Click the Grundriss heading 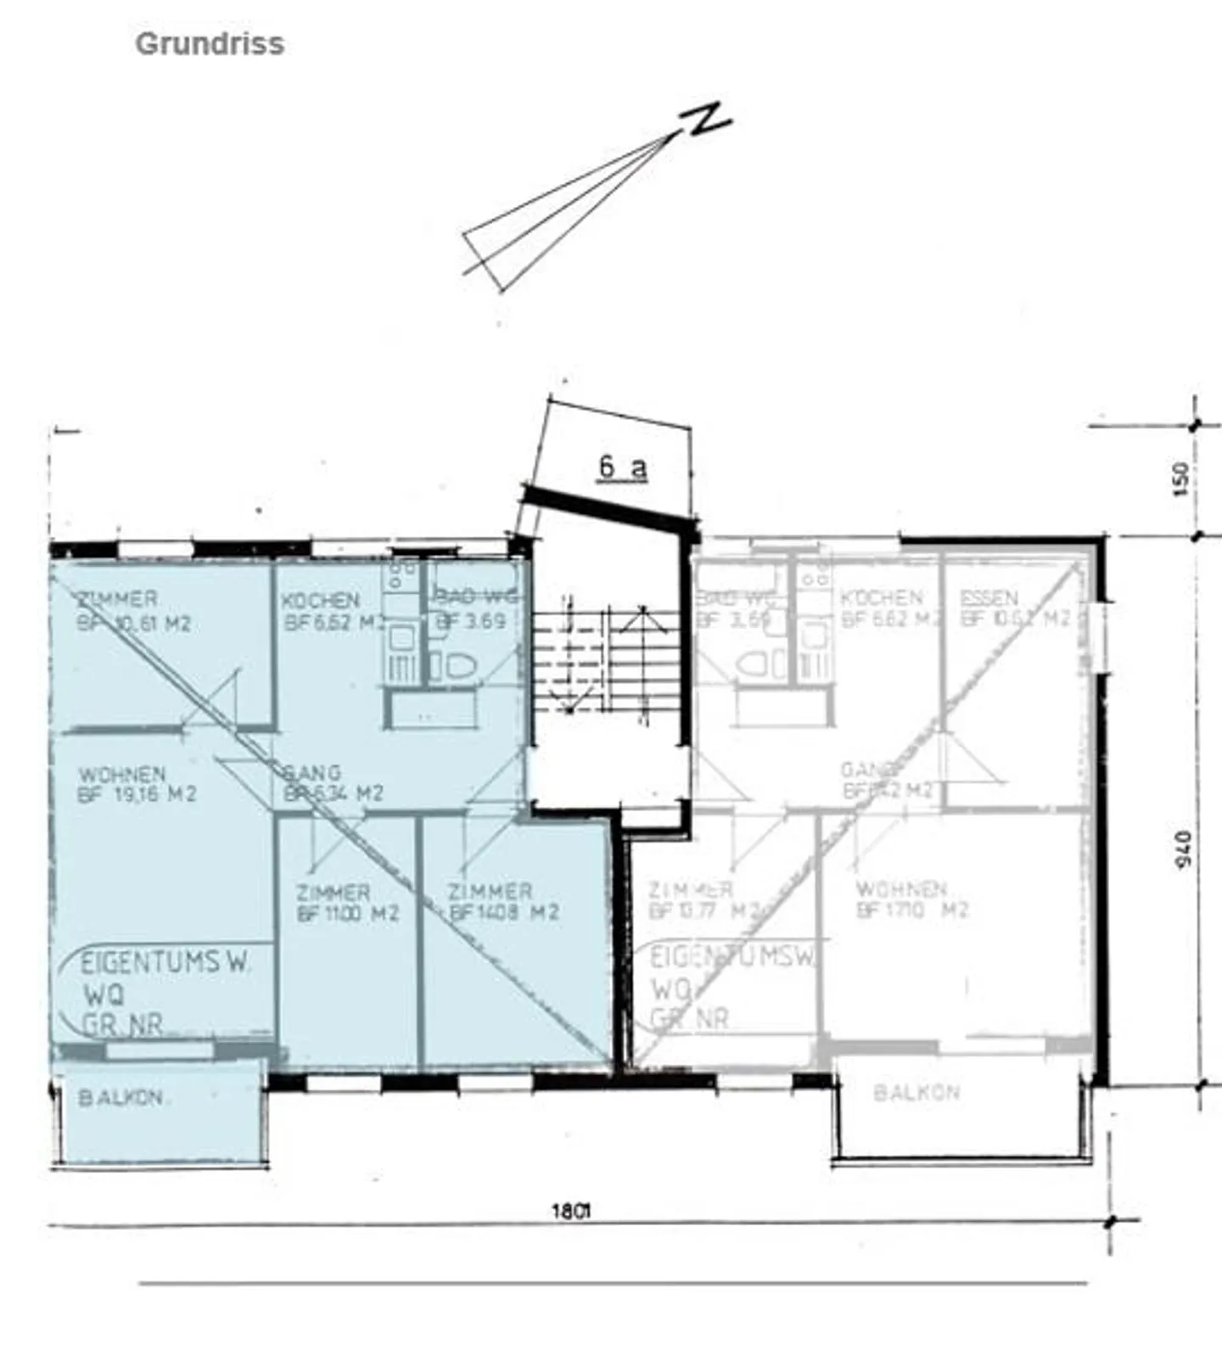pyautogui.click(x=210, y=44)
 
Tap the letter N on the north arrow pyautogui.click(x=707, y=120)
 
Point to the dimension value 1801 pyautogui.click(x=570, y=1211)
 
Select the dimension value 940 pyautogui.click(x=1184, y=849)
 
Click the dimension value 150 pyautogui.click(x=1180, y=479)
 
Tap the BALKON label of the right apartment pyautogui.click(x=916, y=1092)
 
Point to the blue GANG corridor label pyautogui.click(x=311, y=773)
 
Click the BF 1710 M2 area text pyautogui.click(x=912, y=910)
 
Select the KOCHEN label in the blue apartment pyautogui.click(x=320, y=601)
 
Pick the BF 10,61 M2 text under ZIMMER pyautogui.click(x=133, y=624)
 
